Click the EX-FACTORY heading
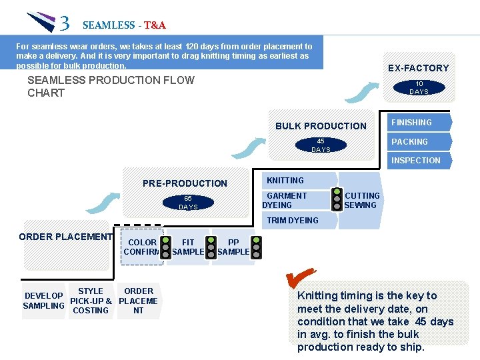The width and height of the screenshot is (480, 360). point(418,68)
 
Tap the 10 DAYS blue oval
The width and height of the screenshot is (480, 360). point(419,87)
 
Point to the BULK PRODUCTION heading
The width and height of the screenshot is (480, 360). point(321,126)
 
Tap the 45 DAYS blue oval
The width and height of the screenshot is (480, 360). point(321,145)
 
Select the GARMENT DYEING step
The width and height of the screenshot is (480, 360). point(293,200)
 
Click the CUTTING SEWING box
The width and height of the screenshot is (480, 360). point(361,200)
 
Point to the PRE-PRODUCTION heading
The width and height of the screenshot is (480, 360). point(185,183)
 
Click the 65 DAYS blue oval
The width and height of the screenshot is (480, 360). point(187,203)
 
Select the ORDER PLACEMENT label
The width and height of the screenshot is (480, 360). point(65,237)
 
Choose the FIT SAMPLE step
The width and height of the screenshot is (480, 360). point(188,247)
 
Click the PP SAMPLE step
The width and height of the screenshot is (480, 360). point(233,247)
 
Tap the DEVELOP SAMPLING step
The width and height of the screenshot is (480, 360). point(43,301)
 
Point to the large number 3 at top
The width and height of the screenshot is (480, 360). point(64,24)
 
